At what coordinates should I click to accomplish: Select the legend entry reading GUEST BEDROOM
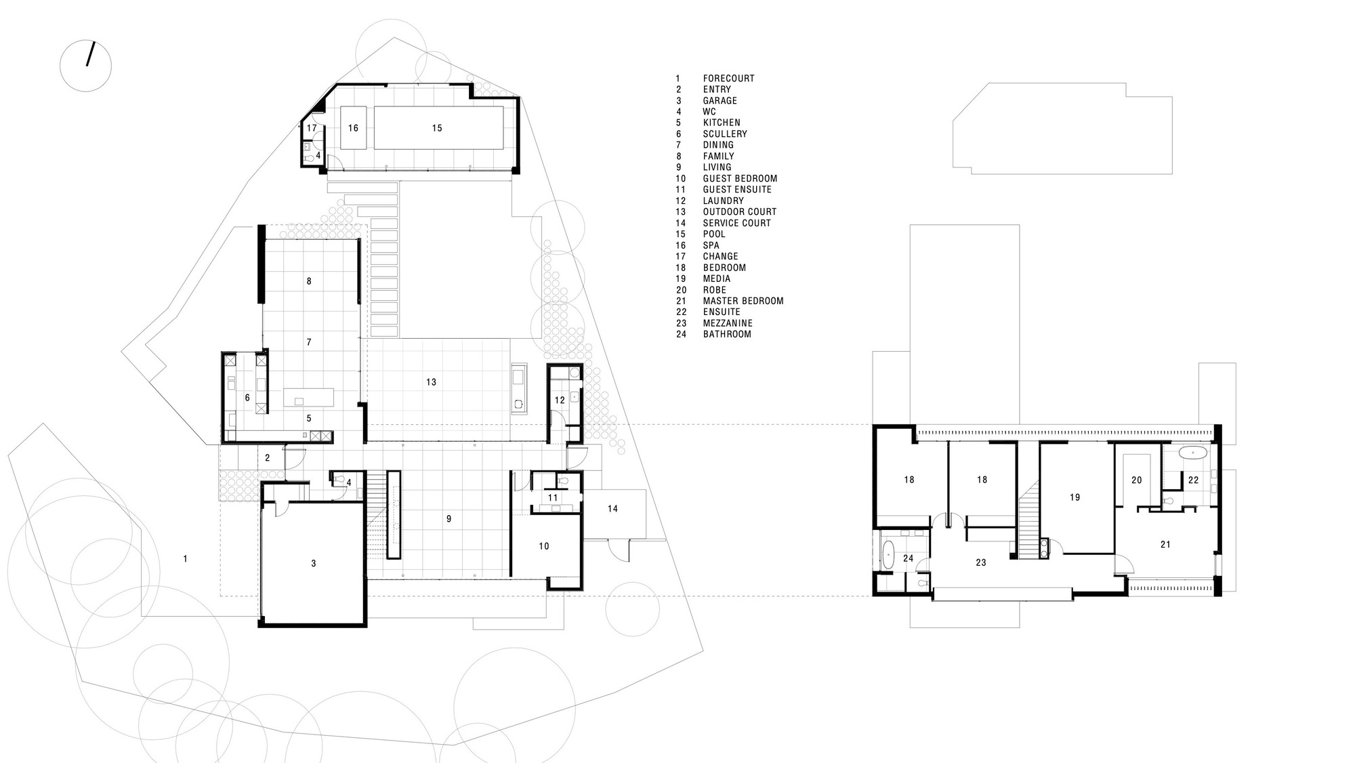tap(740, 178)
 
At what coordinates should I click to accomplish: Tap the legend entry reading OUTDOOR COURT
tap(740, 211)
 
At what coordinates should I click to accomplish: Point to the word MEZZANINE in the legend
tap(728, 323)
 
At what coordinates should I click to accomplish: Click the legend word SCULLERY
tap(725, 133)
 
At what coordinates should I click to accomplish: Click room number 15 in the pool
tap(437, 128)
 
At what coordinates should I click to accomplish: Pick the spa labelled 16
tap(353, 128)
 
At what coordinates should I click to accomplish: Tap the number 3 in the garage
tap(314, 563)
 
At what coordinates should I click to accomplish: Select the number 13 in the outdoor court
tap(432, 382)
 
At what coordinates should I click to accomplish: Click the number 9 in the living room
tap(449, 519)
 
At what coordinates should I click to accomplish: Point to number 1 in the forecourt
tap(185, 559)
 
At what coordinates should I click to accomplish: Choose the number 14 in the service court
tap(612, 509)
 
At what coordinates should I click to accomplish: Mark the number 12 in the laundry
tap(560, 400)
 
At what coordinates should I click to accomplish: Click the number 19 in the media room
tap(1075, 497)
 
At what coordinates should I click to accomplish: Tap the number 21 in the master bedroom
tap(1165, 544)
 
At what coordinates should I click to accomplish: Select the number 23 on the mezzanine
tap(981, 562)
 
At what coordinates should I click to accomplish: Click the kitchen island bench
tap(309, 396)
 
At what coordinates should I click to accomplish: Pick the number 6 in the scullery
tap(247, 398)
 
